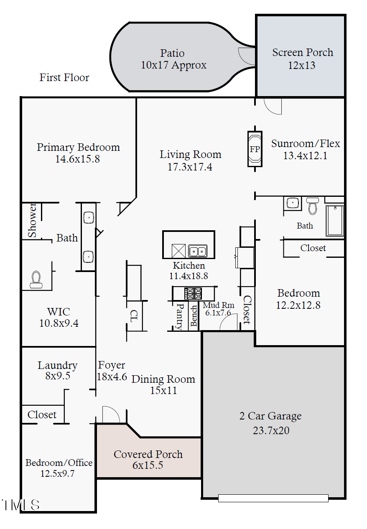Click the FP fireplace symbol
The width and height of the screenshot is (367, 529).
click(255, 149)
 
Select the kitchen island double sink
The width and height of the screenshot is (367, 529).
click(197, 251)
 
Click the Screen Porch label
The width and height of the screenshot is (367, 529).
click(302, 53)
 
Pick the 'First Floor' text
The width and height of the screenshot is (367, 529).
click(64, 77)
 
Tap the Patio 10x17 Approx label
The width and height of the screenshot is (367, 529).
click(173, 59)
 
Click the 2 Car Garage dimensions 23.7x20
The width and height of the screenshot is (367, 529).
click(271, 430)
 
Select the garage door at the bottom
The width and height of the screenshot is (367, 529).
click(273, 498)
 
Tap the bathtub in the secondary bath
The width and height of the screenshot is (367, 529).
click(335, 221)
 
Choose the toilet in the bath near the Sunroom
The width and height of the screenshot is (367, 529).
click(312, 206)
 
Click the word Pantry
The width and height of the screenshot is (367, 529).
click(180, 316)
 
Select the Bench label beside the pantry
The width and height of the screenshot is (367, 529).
click(194, 316)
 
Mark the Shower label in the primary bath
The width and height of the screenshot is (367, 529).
click(32, 221)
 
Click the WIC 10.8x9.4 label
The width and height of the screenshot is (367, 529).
click(59, 318)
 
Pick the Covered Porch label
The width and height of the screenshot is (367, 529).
click(148, 454)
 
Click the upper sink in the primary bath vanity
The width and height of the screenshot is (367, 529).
click(89, 217)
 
